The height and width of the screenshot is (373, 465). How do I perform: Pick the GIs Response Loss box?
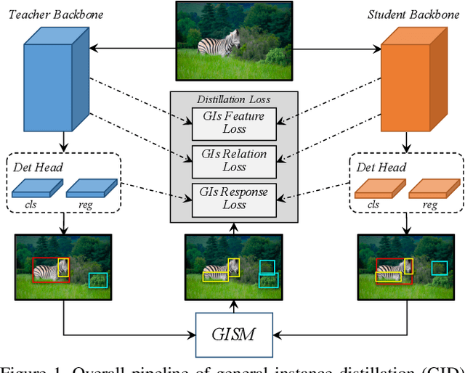tap(234, 199)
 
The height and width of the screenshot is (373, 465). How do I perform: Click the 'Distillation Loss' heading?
tap(234, 99)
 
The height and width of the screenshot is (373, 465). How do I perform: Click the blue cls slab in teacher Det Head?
tap(33, 189)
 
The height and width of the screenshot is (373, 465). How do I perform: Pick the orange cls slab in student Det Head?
tap(376, 189)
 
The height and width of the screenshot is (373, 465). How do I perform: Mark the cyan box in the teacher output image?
tap(97, 280)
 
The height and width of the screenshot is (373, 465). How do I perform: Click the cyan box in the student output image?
tap(439, 268)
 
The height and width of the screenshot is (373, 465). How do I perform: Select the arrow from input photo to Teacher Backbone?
tap(131, 49)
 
